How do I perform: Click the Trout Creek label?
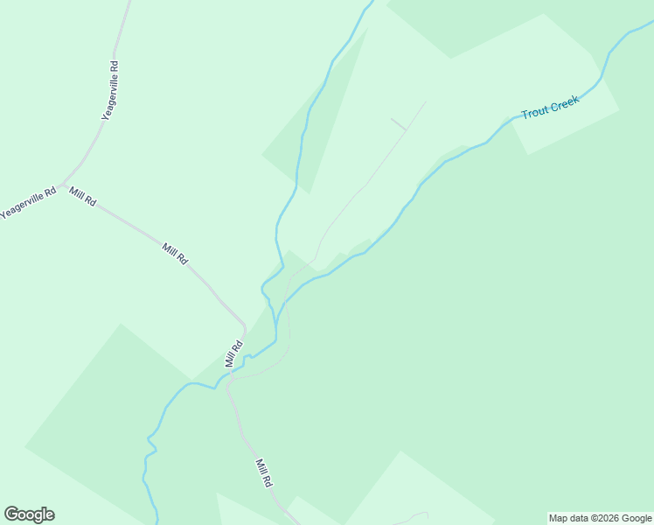(x=550, y=108)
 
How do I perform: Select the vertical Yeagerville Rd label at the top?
(x=109, y=90)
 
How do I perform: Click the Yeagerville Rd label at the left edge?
(x=28, y=202)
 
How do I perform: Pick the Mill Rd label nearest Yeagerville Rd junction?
(x=82, y=197)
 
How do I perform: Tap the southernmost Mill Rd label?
(x=264, y=472)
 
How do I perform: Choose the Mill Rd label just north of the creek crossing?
(x=233, y=353)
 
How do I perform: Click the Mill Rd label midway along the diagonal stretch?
(x=175, y=254)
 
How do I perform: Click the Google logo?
(x=29, y=514)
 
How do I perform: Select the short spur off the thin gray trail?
(x=398, y=123)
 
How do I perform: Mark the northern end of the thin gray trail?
(x=426, y=101)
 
